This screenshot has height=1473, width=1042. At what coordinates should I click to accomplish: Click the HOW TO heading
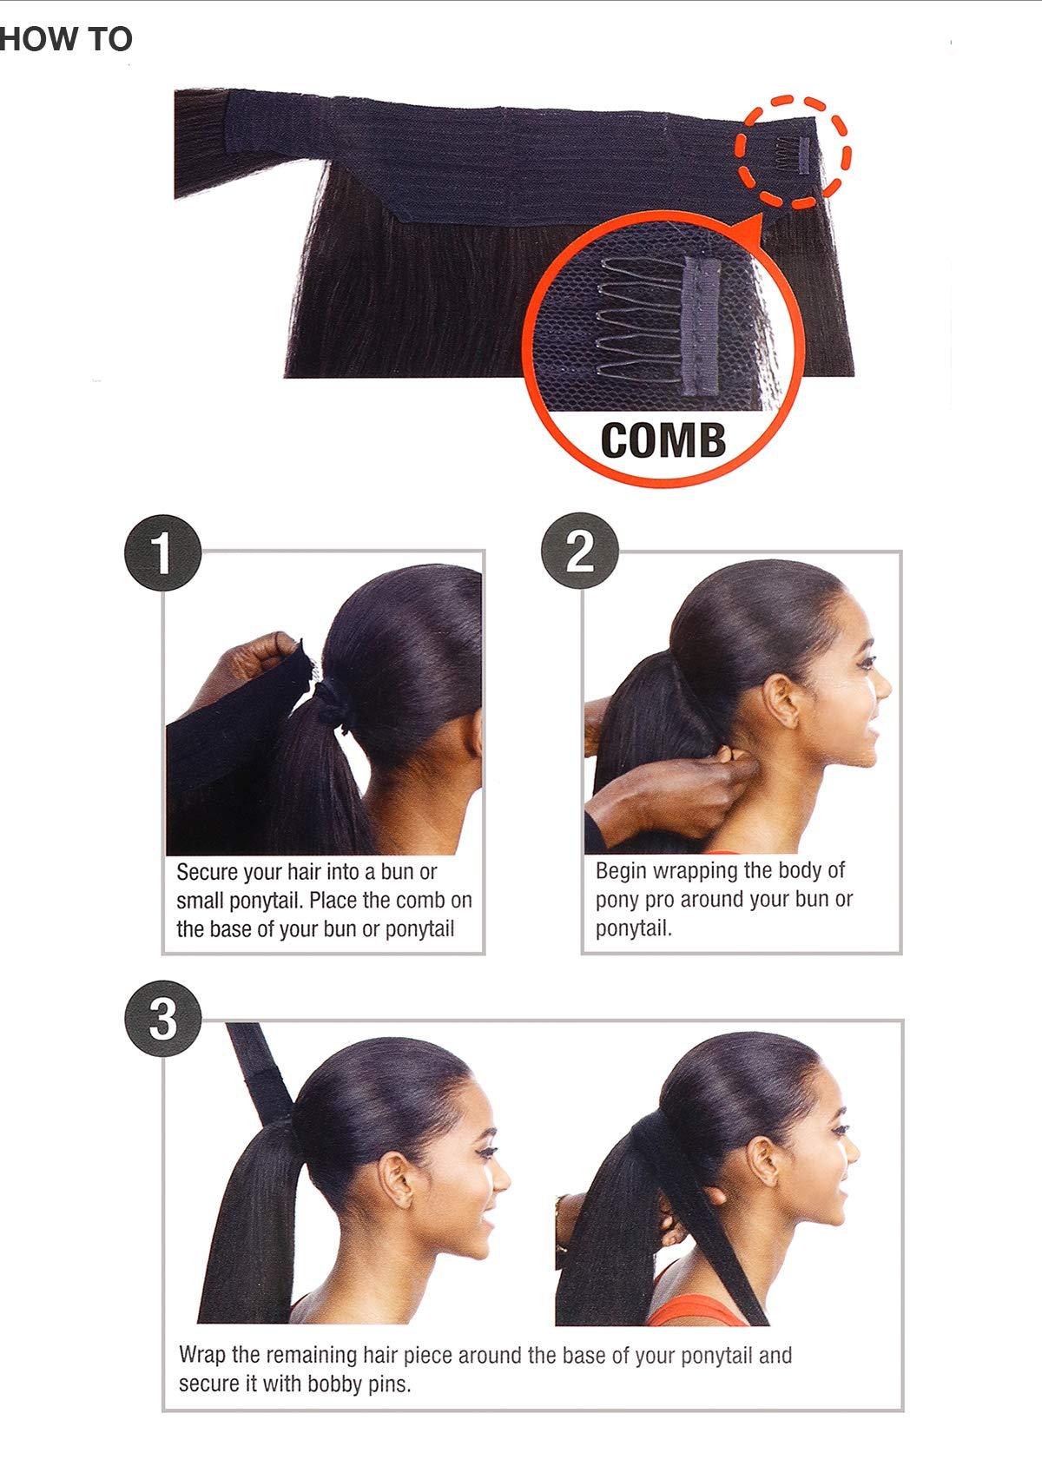65,39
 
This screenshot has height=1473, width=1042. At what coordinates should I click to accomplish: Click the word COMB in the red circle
663,439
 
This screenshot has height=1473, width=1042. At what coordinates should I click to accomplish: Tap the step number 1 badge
162,553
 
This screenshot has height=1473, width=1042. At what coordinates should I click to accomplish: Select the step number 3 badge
162,1017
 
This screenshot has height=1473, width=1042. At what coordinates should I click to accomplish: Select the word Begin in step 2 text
620,870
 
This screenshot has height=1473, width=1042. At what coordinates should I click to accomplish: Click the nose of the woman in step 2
884,685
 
